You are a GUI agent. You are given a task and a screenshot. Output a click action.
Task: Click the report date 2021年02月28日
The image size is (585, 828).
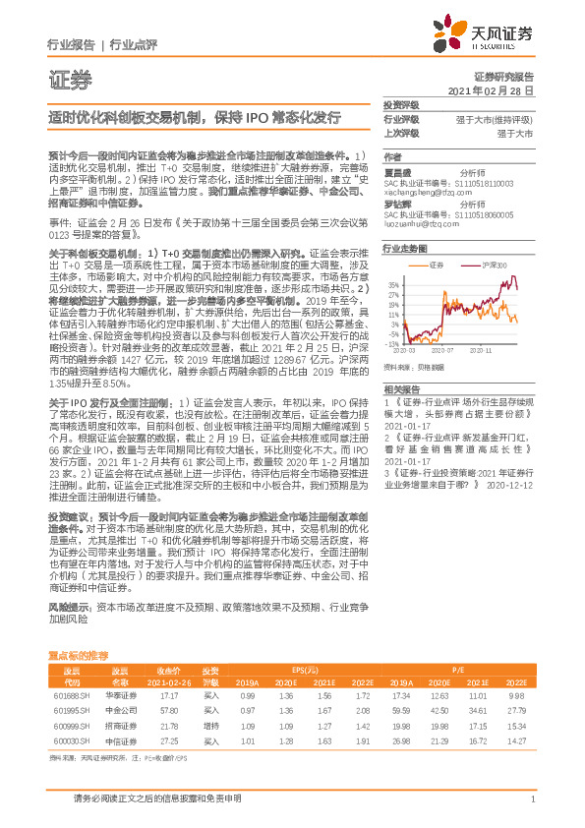(496, 89)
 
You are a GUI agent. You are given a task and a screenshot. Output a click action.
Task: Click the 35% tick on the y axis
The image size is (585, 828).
(393, 283)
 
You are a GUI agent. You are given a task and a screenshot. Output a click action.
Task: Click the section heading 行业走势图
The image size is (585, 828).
(405, 250)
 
